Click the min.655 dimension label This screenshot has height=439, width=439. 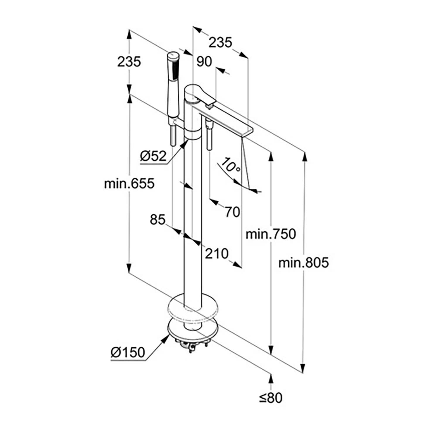(129, 184)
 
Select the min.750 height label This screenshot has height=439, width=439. (271, 234)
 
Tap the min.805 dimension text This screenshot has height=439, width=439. (303, 263)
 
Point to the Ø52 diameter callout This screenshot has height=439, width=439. (153, 156)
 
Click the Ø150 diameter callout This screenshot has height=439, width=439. (128, 352)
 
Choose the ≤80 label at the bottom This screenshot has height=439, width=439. (271, 398)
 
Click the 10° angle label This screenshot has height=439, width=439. (231, 165)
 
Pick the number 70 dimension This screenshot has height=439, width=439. (232, 212)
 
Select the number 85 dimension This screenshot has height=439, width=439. (158, 219)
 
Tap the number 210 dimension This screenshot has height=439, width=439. (216, 253)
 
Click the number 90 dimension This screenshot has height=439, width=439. (204, 62)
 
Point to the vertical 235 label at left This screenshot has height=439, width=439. (129, 62)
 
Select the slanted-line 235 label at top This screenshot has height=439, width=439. (220, 43)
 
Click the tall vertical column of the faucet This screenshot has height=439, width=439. (193, 220)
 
